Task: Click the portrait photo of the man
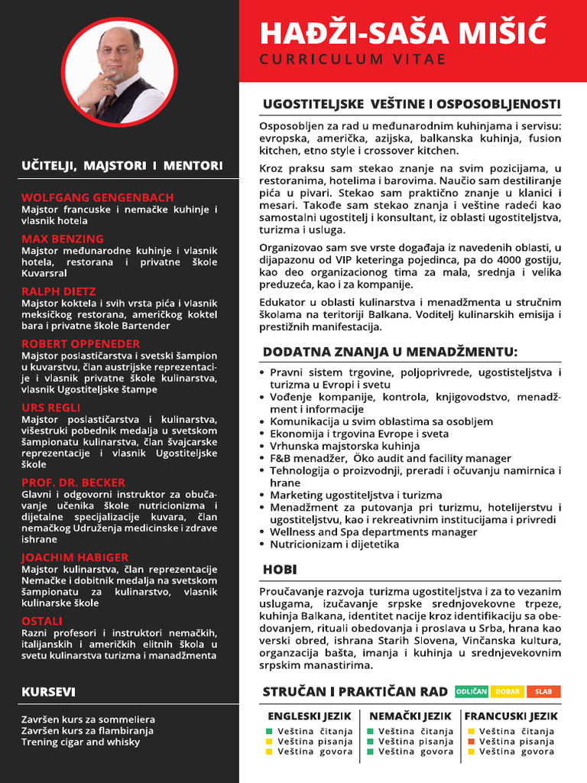coord(118,75)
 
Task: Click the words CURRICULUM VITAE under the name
coord(352,60)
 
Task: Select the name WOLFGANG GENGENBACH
coord(98,197)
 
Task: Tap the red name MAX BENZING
coord(63,239)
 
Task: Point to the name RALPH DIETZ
coord(59,291)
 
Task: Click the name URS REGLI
coord(50,408)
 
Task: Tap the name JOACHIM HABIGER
coord(75,557)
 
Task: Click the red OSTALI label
coord(42,621)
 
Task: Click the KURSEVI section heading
coord(48,692)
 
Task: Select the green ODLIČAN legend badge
coord(472,691)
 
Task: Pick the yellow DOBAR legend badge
coord(508,691)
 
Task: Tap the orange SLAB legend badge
coord(543,691)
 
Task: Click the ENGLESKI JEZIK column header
coord(310,716)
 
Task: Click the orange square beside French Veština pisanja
coord(471,742)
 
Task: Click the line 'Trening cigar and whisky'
coord(81,742)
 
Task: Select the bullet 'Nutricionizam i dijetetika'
coord(334,544)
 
